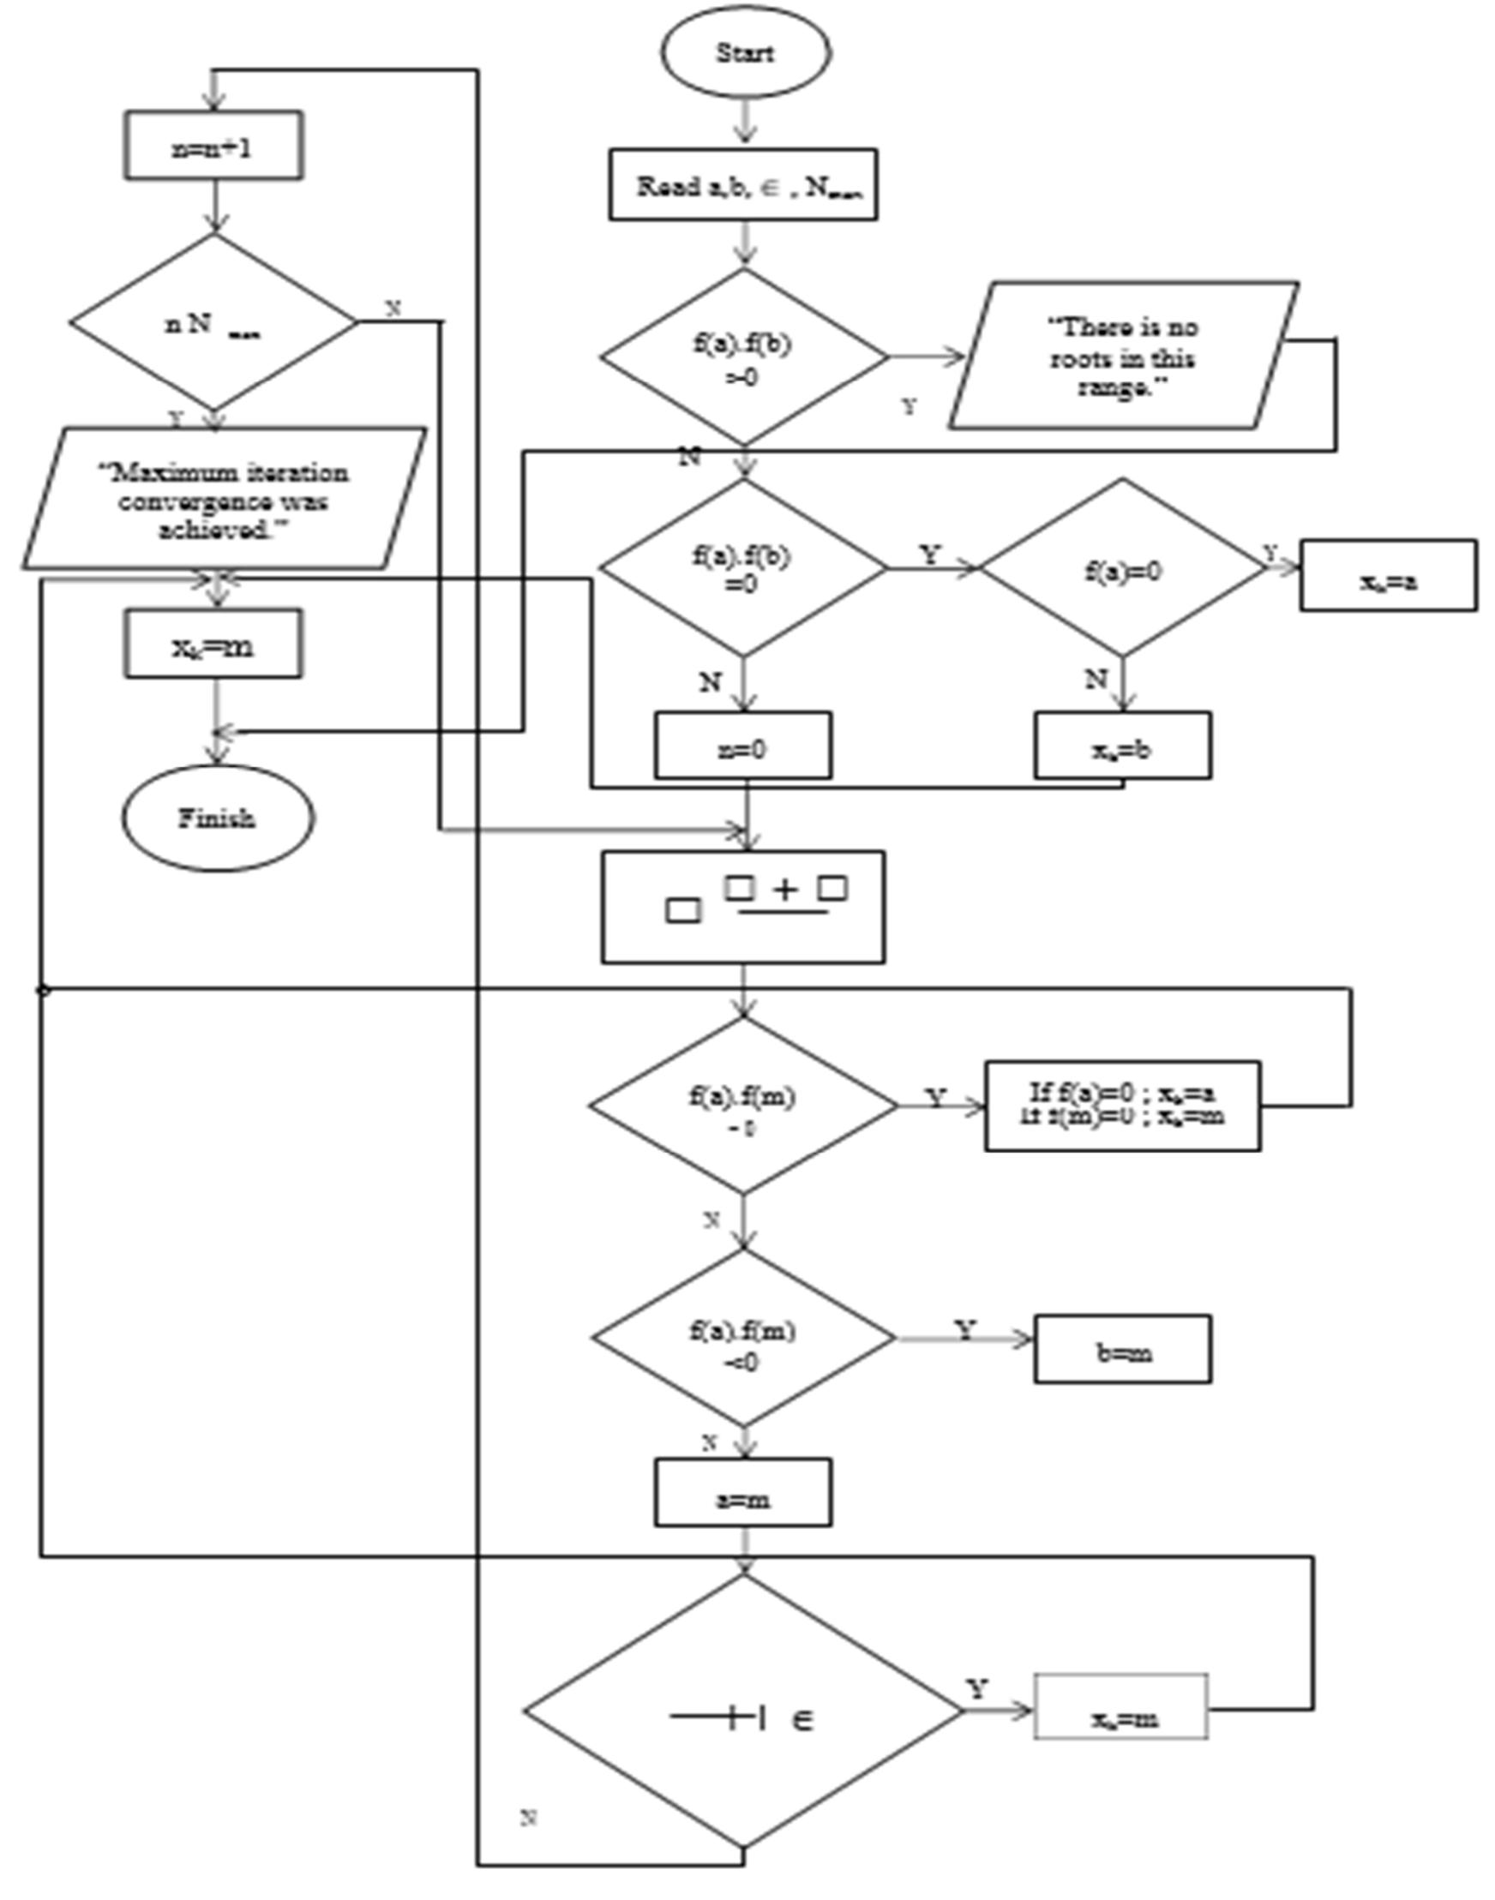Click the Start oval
point(744,52)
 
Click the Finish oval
point(217,819)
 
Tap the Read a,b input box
point(744,185)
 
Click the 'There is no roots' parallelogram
point(1123,357)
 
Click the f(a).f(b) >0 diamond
point(744,357)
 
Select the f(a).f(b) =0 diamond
point(744,568)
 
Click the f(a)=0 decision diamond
point(1123,570)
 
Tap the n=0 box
point(744,746)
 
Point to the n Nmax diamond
point(213,323)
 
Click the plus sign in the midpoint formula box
point(786,891)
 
